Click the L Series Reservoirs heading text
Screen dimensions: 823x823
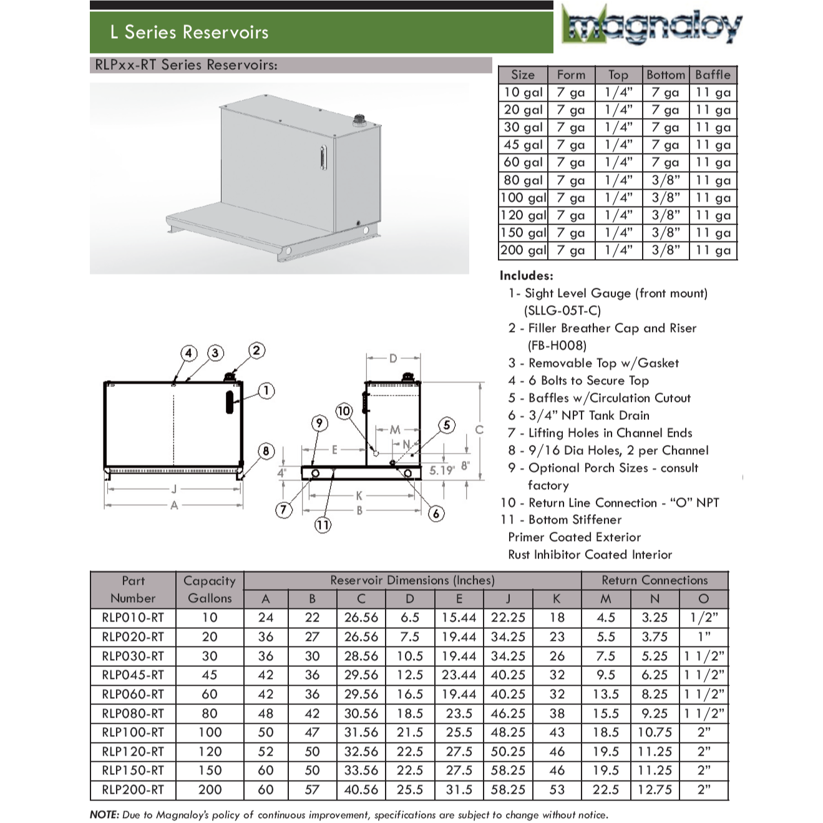(189, 32)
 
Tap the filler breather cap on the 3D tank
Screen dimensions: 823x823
(360, 119)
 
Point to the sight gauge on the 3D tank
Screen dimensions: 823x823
(322, 157)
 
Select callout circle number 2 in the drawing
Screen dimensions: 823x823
(256, 350)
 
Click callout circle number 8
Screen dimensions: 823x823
(266, 451)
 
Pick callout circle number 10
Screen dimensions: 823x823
(344, 411)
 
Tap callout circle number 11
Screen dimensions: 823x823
(323, 525)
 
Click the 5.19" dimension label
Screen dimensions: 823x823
(442, 470)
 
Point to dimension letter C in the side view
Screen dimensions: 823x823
(479, 429)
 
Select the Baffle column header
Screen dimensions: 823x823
(713, 75)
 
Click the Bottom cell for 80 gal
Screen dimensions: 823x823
(666, 180)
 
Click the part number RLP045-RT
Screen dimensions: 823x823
(133, 674)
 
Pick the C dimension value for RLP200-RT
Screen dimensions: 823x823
(361, 789)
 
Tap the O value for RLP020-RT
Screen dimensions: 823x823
(704, 636)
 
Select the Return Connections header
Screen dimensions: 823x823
(655, 580)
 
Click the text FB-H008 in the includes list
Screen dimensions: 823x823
(557, 345)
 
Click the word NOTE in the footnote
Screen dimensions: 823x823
(104, 814)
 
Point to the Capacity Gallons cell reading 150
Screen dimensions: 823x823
(210, 770)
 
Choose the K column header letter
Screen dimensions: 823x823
(557, 598)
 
